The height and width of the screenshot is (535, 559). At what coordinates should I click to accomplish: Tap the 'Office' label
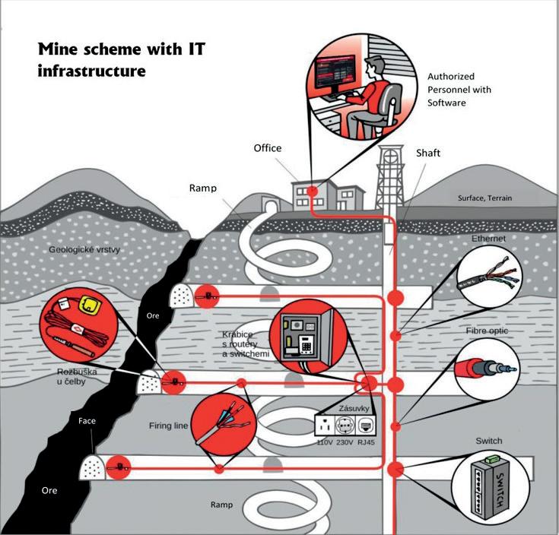pyautogui.click(x=267, y=148)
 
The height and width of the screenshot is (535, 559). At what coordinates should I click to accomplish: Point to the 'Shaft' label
pyautogui.click(x=427, y=153)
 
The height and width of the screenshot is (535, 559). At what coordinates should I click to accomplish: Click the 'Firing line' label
pyautogui.click(x=169, y=426)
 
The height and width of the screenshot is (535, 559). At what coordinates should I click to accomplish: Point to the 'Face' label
pyautogui.click(x=87, y=420)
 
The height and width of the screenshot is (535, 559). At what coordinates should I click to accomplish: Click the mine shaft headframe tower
pyautogui.click(x=392, y=175)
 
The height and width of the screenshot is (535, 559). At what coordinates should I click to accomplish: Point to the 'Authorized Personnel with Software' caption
pyautogui.click(x=459, y=89)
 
